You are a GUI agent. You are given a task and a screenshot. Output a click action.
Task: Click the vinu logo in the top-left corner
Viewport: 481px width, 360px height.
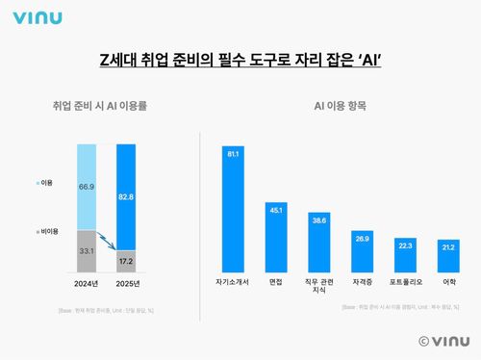[x=36, y=18]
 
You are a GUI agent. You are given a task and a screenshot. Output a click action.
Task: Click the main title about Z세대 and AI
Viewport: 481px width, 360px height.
[x=240, y=61]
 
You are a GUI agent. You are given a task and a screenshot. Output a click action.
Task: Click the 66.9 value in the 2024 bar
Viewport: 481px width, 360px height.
[x=87, y=186]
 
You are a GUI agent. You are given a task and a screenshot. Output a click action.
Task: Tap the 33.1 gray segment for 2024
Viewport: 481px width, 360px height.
[x=87, y=251]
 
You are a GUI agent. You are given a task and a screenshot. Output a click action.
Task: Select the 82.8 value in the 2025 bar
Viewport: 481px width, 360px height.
[x=126, y=196]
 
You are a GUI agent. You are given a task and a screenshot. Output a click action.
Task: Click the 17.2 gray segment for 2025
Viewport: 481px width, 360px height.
[x=126, y=260]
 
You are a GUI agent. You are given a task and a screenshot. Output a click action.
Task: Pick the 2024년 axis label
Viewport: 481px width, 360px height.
[x=87, y=283]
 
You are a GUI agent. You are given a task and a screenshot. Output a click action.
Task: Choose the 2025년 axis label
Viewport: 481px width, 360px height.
[x=126, y=283]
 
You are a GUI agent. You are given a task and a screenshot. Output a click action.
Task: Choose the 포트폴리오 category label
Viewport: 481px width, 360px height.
[x=404, y=283]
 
